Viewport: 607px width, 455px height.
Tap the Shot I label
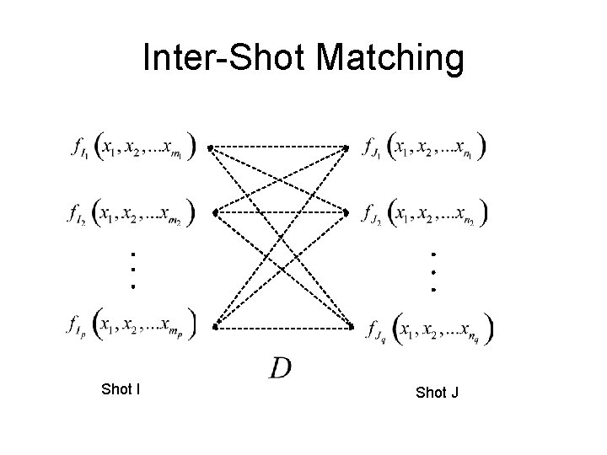pyautogui.click(x=121, y=389)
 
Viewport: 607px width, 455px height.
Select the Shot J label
pyautogui.click(x=437, y=393)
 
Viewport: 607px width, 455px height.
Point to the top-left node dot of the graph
pyautogui.click(x=211, y=148)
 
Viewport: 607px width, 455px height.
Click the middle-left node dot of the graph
pyautogui.click(x=215, y=213)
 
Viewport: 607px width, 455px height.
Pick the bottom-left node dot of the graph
pyautogui.click(x=215, y=325)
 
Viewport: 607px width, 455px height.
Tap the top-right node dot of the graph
pyautogui.click(x=346, y=148)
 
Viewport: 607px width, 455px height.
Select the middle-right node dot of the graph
pyautogui.click(x=347, y=212)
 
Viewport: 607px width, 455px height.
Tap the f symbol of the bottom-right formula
pyautogui.click(x=372, y=329)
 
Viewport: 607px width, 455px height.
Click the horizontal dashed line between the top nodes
pyautogui.click(x=278, y=147)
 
